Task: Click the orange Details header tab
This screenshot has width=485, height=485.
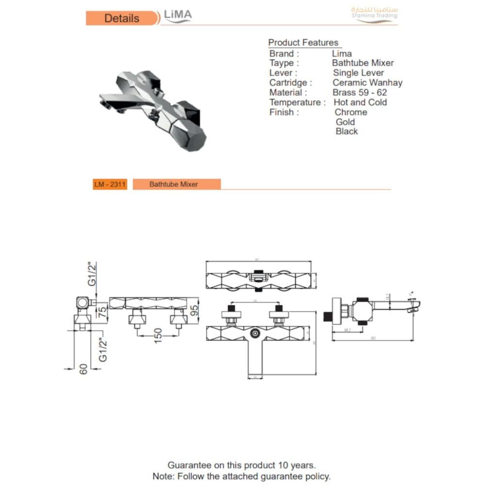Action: [x=122, y=18]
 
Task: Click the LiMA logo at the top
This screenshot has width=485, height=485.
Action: [x=178, y=16]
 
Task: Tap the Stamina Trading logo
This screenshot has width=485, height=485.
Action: [x=374, y=14]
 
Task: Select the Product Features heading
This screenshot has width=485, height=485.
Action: [x=303, y=43]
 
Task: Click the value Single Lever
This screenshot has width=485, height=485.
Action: [x=358, y=73]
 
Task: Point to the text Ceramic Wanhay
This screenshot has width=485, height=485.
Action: [x=367, y=82]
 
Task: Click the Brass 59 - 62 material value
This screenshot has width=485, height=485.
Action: [x=359, y=92]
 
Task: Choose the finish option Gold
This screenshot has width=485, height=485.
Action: [x=345, y=122]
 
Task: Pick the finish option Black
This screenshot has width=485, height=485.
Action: [x=347, y=131]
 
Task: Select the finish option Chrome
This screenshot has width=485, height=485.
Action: [x=351, y=112]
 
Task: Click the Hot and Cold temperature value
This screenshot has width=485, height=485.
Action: [x=360, y=102]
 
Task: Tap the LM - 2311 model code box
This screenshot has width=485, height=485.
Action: [x=110, y=184]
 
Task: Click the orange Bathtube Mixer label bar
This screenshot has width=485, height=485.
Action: [x=177, y=184]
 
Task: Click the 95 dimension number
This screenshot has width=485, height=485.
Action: [x=194, y=310]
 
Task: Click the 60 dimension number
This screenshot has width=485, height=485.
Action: [x=83, y=369]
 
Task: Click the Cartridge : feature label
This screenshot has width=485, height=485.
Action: [x=291, y=82]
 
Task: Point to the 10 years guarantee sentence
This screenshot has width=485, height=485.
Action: [x=242, y=466]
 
